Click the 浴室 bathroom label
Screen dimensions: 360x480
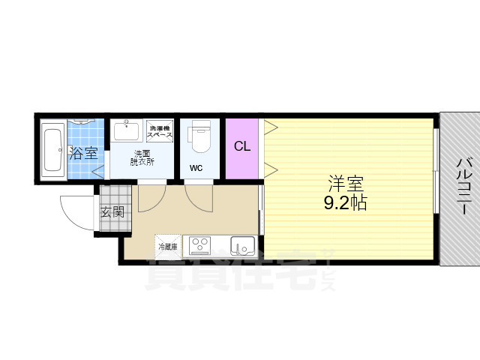(84, 154)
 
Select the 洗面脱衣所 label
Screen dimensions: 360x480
(142, 157)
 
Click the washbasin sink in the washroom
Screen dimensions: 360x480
(127, 131)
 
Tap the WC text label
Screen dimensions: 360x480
(196, 167)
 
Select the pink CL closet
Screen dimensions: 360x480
(241, 147)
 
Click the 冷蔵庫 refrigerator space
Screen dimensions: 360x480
(168, 245)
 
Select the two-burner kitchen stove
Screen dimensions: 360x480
(199, 244)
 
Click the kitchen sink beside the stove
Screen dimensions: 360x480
(242, 245)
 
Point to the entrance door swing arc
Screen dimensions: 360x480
(76, 214)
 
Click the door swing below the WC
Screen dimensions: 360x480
(199, 196)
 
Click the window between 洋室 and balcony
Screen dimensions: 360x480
(436, 187)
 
